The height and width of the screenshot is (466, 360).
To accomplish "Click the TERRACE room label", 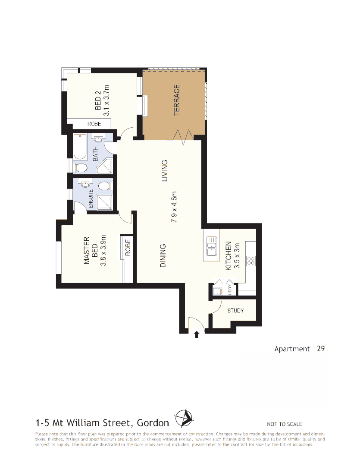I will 176,101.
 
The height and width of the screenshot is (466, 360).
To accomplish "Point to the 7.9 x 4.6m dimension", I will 175,206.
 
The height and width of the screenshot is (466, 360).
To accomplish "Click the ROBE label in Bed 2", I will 94,124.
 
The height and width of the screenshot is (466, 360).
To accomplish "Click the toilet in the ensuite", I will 103,186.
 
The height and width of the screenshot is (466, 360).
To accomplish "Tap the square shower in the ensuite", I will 103,202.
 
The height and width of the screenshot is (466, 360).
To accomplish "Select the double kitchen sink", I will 212,246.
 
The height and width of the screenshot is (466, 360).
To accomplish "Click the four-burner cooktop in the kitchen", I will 250,261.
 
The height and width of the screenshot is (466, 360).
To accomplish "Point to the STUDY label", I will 235,311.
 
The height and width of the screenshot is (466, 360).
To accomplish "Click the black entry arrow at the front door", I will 197,334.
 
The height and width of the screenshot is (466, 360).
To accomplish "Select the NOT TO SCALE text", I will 284,424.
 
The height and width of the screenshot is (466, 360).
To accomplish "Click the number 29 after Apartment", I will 320,348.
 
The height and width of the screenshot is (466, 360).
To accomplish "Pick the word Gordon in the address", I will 153,422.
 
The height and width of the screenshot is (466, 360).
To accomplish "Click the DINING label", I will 163,256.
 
